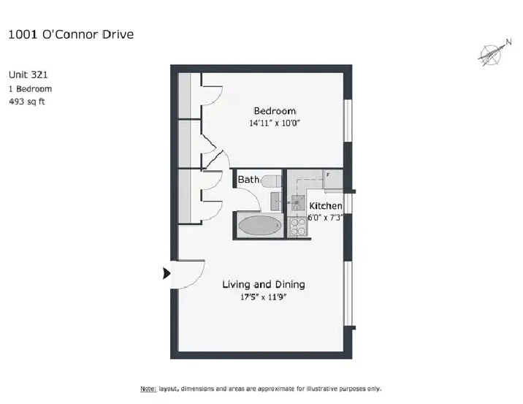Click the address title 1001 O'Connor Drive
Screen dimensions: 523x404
pyautogui.click(x=71, y=34)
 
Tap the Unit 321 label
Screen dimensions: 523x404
pyautogui.click(x=28, y=75)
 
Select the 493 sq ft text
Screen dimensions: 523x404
pyautogui.click(x=27, y=102)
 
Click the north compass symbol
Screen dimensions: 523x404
pyautogui.click(x=493, y=53)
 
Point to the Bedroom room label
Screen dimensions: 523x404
pyautogui.click(x=275, y=111)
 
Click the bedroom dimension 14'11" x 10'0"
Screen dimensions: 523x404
pyautogui.click(x=275, y=123)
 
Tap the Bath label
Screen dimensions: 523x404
pyautogui.click(x=248, y=180)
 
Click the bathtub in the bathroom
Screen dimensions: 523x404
pyautogui.click(x=260, y=225)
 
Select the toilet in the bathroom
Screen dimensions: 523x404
pyautogui.click(x=272, y=181)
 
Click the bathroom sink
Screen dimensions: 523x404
pyautogui.click(x=275, y=201)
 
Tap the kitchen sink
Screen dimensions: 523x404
pyautogui.click(x=298, y=202)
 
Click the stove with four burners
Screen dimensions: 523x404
pyautogui.click(x=297, y=227)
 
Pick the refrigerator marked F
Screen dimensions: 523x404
pyautogui.click(x=333, y=180)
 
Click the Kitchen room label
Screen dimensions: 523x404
pyautogui.click(x=326, y=206)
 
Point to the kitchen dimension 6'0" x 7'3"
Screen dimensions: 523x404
pyautogui.click(x=325, y=218)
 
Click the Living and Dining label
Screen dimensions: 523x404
pyautogui.click(x=264, y=285)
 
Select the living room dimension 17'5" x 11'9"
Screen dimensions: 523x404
pyautogui.click(x=264, y=297)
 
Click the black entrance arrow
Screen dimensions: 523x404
pyautogui.click(x=167, y=273)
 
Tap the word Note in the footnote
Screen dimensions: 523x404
pyautogui.click(x=148, y=389)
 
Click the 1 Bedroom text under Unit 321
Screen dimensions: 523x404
pyautogui.click(x=31, y=89)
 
